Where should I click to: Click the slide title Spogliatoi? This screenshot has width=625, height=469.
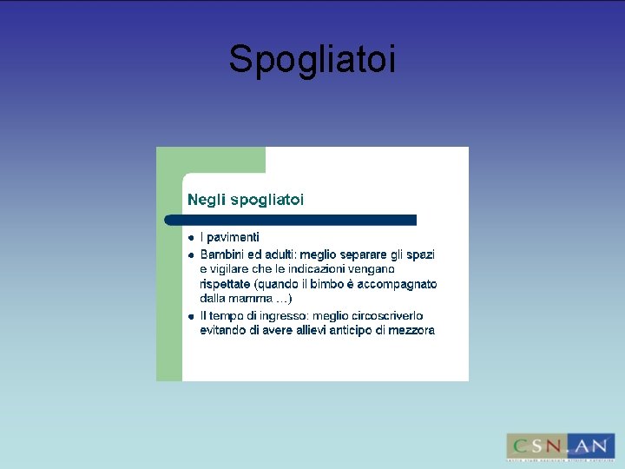[312, 60]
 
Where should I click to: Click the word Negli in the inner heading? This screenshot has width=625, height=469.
[206, 200]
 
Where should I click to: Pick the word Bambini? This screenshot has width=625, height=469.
[221, 255]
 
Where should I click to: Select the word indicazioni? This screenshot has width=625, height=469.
[323, 270]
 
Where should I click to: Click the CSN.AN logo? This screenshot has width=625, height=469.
[560, 446]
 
